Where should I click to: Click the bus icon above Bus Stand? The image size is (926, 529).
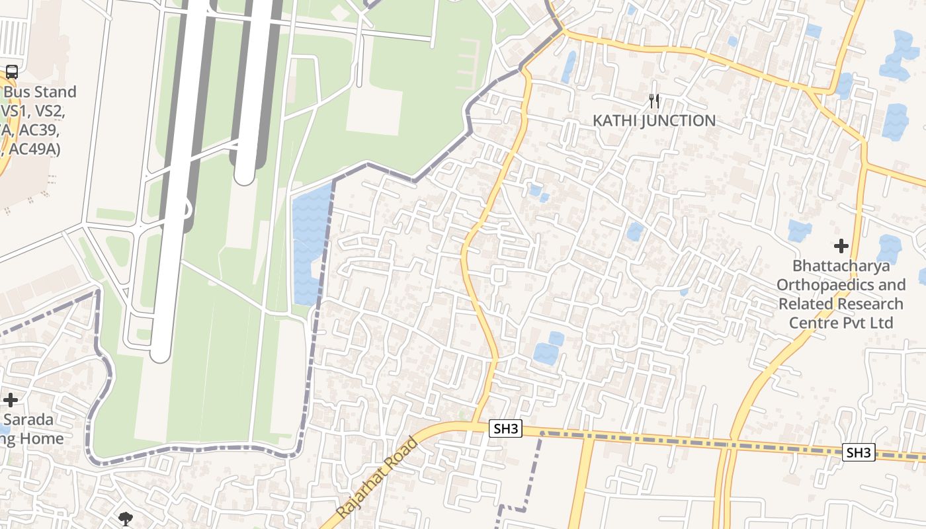coord(11,72)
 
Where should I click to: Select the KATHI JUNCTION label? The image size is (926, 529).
coord(653,120)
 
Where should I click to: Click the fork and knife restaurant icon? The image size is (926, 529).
coord(654,101)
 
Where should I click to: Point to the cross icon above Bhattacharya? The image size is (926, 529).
coord(841,246)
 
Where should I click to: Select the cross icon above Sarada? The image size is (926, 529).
coord(11,400)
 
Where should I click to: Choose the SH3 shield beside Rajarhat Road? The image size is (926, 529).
coord(506,428)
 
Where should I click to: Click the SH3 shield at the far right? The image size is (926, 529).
coord(859,452)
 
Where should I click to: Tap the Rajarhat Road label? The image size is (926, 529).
coord(377,477)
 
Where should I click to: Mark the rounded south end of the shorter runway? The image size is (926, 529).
coord(245,175)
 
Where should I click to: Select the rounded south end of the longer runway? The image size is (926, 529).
coord(161,354)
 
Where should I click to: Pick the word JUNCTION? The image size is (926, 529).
coord(681,120)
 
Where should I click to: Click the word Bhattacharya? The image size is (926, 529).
coord(841,266)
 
